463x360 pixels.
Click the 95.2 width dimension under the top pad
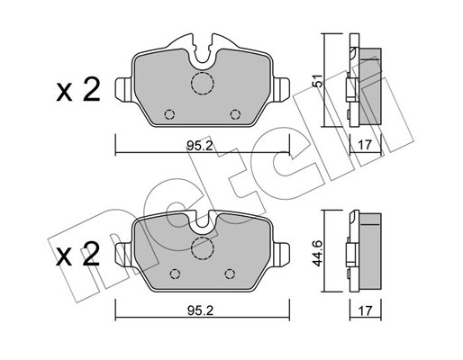pyautogui.click(x=200, y=146)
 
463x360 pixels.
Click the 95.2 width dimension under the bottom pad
pyautogui.click(x=200, y=310)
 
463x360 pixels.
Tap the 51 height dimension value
pyautogui.click(x=318, y=80)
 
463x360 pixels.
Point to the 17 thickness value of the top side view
pyautogui.click(x=365, y=145)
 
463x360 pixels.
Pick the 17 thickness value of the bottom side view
pyautogui.click(x=365, y=310)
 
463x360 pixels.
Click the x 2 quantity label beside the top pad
pyautogui.click(x=78, y=90)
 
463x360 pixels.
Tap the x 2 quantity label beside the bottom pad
pyautogui.click(x=78, y=255)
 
